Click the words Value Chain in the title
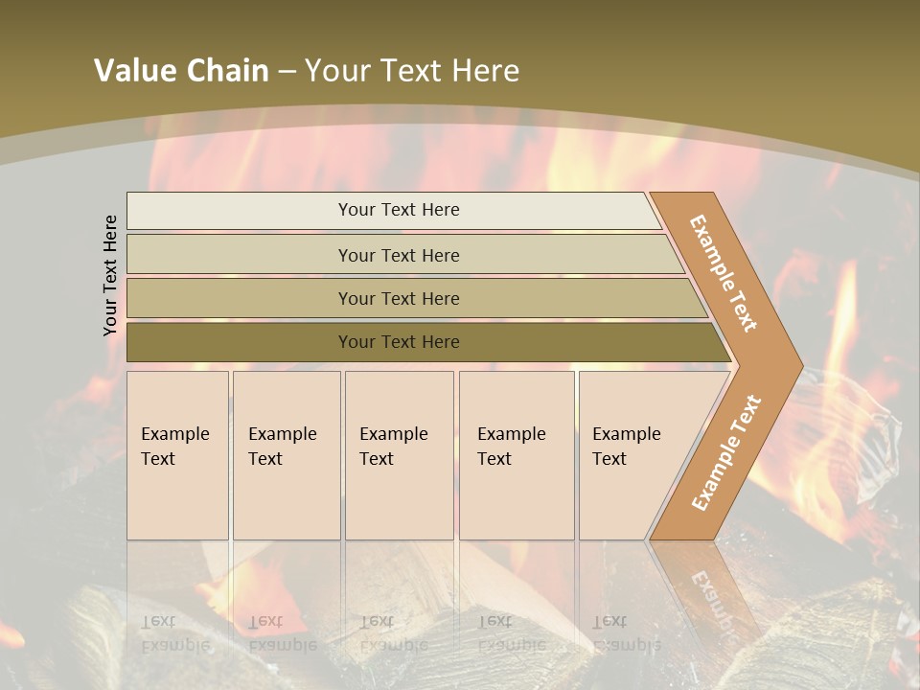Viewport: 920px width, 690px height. point(181,71)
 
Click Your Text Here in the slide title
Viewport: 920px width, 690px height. point(412,71)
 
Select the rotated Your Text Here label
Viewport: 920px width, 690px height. point(110,275)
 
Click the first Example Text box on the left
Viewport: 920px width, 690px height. point(177,455)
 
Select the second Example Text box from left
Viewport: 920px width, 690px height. point(287,455)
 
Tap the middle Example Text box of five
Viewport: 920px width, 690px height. point(399,455)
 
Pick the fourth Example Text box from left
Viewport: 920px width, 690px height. point(517,455)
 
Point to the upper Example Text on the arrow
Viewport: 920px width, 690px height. point(724,273)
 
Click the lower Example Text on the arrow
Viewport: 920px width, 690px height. point(726,452)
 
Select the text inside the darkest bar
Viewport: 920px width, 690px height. point(399,342)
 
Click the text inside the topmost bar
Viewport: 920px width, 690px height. point(399,210)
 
